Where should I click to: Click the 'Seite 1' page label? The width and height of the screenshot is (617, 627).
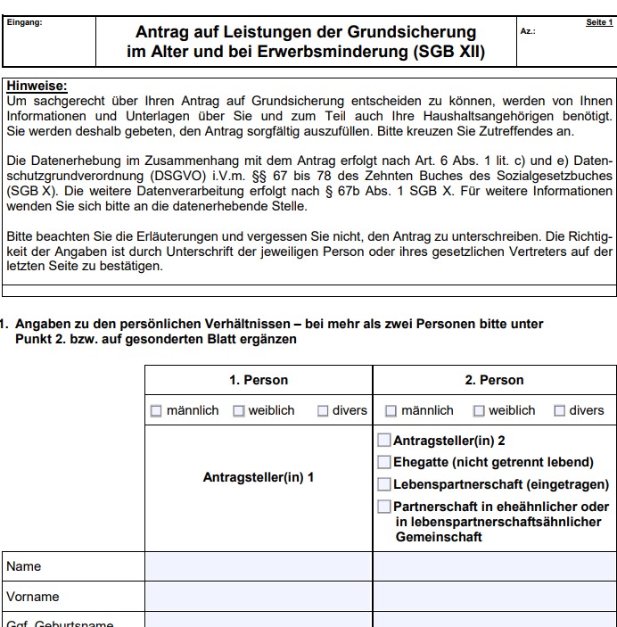pyautogui.click(x=599, y=22)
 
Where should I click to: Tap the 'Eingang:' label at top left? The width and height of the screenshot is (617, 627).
pyautogui.click(x=23, y=22)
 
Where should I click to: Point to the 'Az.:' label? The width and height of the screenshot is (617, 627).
pyautogui.click(x=527, y=31)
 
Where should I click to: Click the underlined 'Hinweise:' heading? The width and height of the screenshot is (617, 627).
pyautogui.click(x=36, y=86)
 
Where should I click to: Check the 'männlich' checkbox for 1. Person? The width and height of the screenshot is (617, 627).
pyautogui.click(x=156, y=411)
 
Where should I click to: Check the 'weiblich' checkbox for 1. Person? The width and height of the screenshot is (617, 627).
pyautogui.click(x=239, y=411)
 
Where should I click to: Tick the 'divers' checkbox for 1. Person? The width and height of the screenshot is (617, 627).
pyautogui.click(x=324, y=411)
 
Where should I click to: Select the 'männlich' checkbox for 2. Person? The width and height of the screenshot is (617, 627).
pyautogui.click(x=391, y=411)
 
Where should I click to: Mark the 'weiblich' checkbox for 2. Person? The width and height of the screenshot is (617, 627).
pyautogui.click(x=478, y=411)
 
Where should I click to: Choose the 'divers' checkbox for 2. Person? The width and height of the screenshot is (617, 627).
pyautogui.click(x=559, y=411)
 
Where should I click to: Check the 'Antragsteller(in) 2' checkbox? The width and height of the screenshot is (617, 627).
pyautogui.click(x=384, y=440)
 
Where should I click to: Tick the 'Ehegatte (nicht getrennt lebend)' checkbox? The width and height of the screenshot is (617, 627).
pyautogui.click(x=384, y=462)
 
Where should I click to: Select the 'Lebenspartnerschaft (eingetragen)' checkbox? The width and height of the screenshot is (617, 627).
pyautogui.click(x=384, y=484)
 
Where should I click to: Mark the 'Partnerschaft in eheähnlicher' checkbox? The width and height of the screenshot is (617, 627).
pyautogui.click(x=384, y=507)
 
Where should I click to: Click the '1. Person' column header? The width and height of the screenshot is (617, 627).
pyautogui.click(x=259, y=380)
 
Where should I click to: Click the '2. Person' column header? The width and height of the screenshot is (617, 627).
pyautogui.click(x=494, y=380)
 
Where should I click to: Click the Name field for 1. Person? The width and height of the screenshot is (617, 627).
pyautogui.click(x=259, y=566)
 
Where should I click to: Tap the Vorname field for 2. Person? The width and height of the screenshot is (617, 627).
pyautogui.click(x=494, y=597)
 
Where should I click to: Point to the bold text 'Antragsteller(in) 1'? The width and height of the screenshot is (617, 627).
pyautogui.click(x=259, y=477)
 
